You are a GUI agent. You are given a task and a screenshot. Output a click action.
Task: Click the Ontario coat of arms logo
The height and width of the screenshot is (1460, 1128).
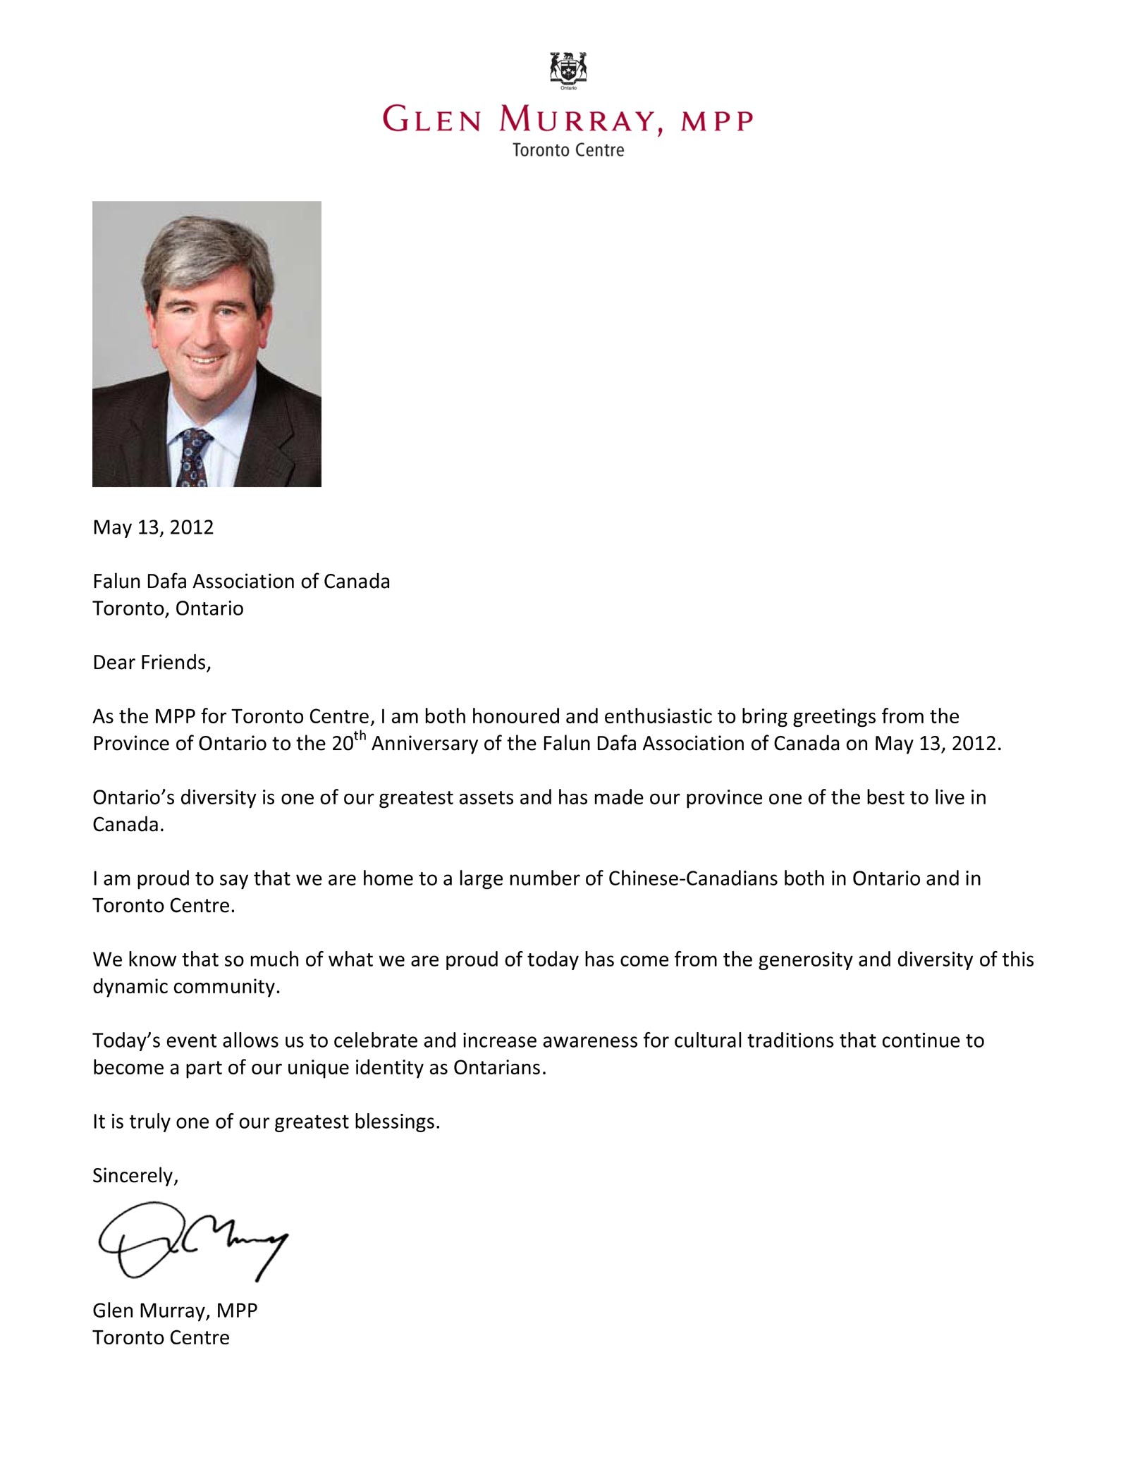point(568,70)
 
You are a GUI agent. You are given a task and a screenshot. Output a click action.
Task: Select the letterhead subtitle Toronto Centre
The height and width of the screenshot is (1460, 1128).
point(568,150)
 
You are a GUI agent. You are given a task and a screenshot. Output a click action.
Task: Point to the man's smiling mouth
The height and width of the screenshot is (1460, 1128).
point(206,359)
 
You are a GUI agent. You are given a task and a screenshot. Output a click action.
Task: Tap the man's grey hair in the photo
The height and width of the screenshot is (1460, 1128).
point(208,247)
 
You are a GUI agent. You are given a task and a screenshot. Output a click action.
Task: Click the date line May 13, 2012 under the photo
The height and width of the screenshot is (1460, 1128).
point(153,527)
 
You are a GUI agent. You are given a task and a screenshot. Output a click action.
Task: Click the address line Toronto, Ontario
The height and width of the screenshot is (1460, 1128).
point(168,608)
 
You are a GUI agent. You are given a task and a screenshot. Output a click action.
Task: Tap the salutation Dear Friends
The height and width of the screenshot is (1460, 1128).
point(152,663)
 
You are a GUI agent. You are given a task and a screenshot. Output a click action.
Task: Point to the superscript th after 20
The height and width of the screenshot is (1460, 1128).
point(360,737)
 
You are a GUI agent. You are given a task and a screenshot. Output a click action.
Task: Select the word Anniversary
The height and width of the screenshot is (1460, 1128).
point(424,744)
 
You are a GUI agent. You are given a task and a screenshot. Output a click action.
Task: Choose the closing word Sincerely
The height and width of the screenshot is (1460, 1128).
point(135,1175)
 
